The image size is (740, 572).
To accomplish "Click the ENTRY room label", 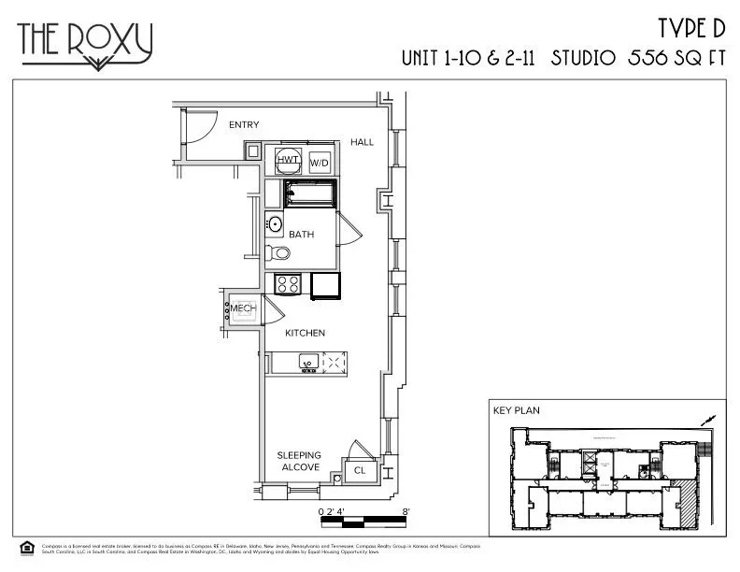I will (244, 124).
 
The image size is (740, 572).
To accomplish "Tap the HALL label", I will (362, 142).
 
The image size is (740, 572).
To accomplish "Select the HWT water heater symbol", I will (288, 161).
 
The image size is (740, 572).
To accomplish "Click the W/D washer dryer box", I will (320, 163).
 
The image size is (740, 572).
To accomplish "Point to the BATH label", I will (300, 234).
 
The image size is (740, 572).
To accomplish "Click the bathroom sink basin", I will (275, 224).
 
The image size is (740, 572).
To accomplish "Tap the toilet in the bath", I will (279, 253).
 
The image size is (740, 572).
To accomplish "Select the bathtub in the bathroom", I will (307, 195).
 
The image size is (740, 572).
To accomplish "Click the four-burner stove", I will (287, 284).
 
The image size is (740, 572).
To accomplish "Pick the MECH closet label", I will (243, 309).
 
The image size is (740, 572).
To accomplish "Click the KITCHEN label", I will (305, 333).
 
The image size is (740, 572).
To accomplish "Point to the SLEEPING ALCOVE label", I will (299, 461).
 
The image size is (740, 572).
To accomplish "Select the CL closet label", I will (360, 471).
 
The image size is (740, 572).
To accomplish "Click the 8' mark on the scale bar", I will (406, 511).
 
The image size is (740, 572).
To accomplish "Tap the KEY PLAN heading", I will (516, 409).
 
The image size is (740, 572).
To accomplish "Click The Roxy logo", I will (85, 43).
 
